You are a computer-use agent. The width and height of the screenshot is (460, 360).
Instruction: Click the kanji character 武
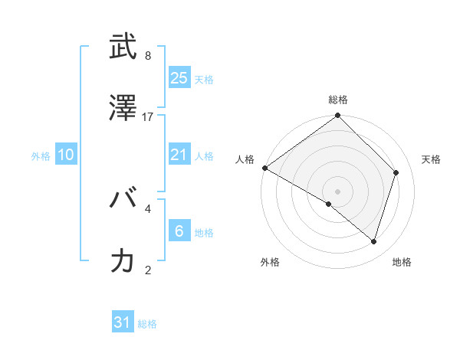click(123, 48)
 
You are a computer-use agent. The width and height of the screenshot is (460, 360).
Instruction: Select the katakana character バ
click(123, 201)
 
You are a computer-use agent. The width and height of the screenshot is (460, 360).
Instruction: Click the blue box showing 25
click(179, 77)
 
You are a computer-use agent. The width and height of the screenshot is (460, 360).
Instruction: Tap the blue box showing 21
click(179, 155)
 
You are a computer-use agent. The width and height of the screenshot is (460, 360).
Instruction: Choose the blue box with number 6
click(179, 231)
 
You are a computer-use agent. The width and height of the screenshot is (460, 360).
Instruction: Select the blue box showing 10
click(66, 155)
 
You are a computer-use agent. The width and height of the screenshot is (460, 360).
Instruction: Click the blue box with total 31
click(123, 322)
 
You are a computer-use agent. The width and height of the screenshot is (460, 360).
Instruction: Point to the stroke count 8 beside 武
click(148, 56)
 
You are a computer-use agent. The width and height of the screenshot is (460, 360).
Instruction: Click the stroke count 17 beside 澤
click(148, 116)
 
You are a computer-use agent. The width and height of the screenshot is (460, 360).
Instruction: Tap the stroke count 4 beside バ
click(148, 208)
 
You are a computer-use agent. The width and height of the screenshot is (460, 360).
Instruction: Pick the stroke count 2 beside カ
click(148, 269)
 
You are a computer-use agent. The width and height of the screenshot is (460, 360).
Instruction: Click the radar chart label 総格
click(338, 100)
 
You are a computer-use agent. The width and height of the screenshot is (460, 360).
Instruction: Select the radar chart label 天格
click(432, 159)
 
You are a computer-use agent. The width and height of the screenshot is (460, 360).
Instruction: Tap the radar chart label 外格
click(270, 262)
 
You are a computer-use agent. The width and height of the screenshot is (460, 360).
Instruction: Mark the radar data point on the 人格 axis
click(264, 168)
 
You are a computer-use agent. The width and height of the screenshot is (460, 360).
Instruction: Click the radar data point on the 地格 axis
click(374, 242)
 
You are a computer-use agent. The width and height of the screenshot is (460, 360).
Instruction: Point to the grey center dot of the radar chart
click(337, 191)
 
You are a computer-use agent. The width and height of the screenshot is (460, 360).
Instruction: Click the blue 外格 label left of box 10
click(41, 155)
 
